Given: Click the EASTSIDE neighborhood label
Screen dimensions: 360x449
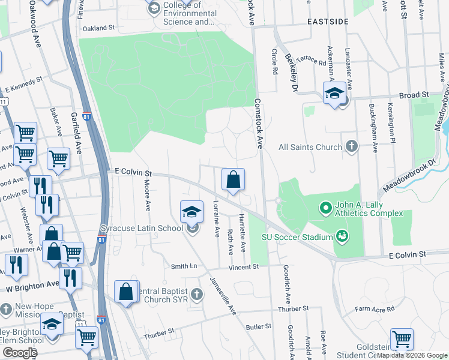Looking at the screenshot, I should tap(328, 22).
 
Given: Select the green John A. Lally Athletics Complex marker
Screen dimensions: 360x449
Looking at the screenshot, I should tap(326, 209).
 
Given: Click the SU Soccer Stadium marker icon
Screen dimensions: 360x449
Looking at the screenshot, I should tap(342, 236).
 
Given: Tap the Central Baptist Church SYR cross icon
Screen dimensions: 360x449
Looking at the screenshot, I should tap(197, 294).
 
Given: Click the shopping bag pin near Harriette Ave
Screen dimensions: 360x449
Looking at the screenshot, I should tap(233, 179).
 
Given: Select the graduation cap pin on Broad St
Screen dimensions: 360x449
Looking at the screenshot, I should tap(334, 93).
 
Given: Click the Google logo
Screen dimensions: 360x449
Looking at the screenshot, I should tap(20, 353).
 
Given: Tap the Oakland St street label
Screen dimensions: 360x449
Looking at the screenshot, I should tap(98, 28).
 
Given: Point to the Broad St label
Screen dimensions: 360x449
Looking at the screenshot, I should tap(414, 95).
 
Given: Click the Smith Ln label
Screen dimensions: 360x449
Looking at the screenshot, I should tap(184, 266).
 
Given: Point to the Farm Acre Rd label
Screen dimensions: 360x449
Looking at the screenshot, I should tap(375, 309).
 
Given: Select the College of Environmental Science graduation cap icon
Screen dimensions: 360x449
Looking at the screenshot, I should tap(154, 8).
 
